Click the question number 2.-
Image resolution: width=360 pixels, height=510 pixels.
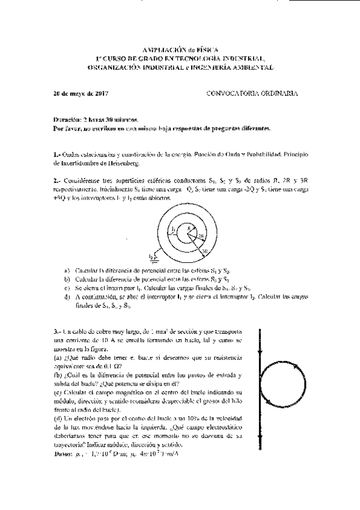point(57,180)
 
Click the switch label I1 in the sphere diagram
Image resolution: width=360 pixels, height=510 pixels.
point(172,229)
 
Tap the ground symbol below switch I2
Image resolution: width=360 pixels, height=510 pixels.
point(154,259)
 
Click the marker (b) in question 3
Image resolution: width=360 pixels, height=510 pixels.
point(58,375)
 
